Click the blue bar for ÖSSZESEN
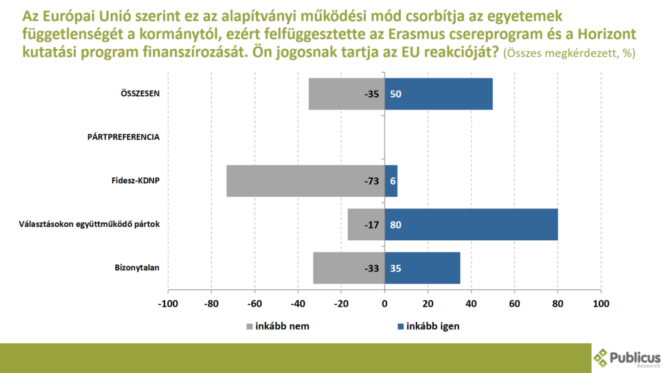(438, 94)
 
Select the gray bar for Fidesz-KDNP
(306, 181)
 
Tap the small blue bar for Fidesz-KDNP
(391, 181)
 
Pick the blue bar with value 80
(471, 224)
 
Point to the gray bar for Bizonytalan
(348, 267)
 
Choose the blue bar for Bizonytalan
(422, 267)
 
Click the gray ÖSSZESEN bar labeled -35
(346, 94)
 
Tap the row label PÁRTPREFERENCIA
(124, 137)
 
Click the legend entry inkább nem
(278, 326)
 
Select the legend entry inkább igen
(427, 326)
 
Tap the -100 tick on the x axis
(168, 303)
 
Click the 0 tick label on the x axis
(385, 303)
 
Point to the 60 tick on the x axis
(515, 303)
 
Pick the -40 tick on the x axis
(298, 303)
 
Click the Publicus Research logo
(627, 358)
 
